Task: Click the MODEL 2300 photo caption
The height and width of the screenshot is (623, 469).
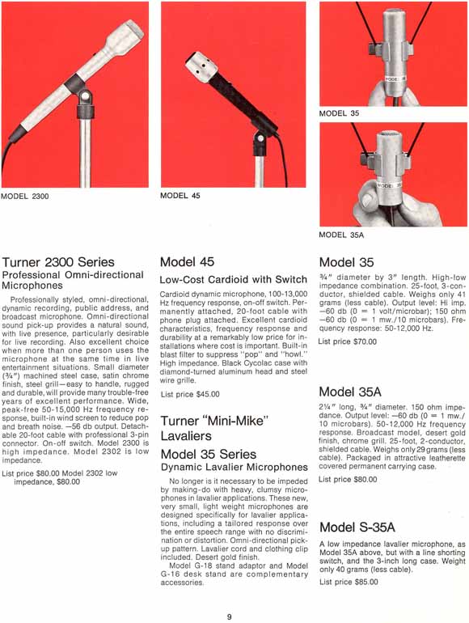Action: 25,197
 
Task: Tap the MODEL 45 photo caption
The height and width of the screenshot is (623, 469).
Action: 180,196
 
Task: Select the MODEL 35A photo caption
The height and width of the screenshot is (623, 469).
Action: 341,235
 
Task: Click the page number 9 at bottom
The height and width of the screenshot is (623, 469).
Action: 229,617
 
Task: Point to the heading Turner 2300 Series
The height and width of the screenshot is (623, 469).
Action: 58,262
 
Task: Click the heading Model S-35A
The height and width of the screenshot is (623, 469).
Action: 357,528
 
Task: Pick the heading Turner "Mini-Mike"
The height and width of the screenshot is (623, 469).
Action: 215,421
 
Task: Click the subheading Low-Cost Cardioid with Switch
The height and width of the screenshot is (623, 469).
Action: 234,280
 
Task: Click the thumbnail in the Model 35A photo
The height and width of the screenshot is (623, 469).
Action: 370,197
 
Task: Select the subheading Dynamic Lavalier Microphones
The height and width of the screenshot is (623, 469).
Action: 234,468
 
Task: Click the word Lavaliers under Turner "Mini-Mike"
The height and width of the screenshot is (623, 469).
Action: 186,436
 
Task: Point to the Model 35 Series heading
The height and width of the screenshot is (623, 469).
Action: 209,454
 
